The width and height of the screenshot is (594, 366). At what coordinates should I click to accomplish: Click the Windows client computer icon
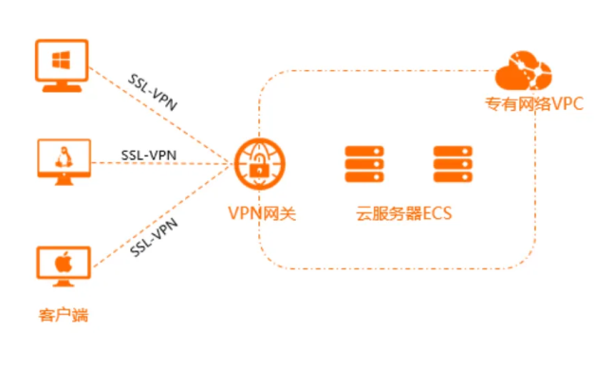point(61,65)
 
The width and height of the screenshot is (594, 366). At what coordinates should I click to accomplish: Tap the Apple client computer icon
point(62,269)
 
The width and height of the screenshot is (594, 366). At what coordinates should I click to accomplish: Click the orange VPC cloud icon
point(522,70)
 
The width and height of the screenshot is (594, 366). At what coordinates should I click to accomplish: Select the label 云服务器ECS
point(399,212)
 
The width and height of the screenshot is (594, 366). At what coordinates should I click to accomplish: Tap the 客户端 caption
point(62,314)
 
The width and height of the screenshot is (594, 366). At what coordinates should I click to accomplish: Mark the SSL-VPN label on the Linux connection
point(149,153)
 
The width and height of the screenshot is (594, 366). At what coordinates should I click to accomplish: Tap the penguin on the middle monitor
point(62,158)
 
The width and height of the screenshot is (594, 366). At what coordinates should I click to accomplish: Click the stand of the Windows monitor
point(61,86)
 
